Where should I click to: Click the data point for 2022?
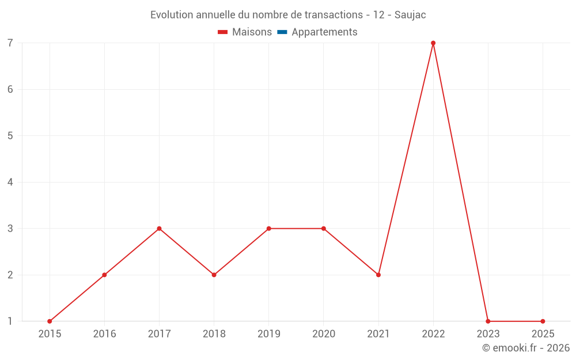[x=433, y=43]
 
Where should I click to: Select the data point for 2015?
[x=50, y=321]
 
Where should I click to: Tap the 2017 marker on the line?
[x=159, y=229]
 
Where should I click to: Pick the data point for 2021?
[x=378, y=275]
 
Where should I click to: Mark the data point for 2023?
[x=488, y=321]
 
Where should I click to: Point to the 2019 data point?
[x=268, y=229]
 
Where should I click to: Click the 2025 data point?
[x=543, y=321]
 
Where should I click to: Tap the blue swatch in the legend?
[x=282, y=32]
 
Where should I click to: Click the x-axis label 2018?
[x=214, y=334]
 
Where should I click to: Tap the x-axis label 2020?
[x=323, y=334]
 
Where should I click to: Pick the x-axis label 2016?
[x=104, y=334]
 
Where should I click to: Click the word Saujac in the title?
[x=410, y=15]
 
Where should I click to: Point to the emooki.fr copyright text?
[x=526, y=348]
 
